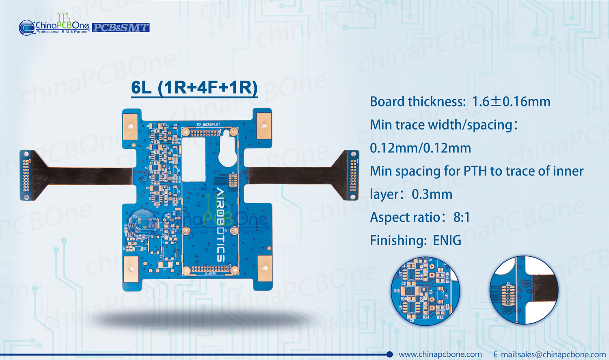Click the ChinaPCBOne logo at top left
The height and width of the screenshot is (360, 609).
pos(54,26)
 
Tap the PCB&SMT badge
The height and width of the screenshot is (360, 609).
pos(121,28)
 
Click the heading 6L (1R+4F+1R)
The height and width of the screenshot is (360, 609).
pos(194,88)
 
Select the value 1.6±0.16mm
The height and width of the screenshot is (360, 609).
pos(511,102)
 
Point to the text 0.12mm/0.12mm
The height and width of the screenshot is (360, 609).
pos(420,148)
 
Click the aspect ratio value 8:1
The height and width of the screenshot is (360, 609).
pos(462,217)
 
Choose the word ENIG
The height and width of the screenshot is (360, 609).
pos(447,241)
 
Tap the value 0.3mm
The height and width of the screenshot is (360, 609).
pos(432,194)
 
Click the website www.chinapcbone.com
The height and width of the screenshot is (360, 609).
pos(440,354)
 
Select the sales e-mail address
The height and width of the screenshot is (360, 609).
pos(549,354)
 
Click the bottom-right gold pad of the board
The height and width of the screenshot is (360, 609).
pos(265,268)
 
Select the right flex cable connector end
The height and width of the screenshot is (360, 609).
pos(352,175)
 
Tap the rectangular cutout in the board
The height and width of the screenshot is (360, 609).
pos(193,159)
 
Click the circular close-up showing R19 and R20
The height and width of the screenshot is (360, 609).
pos(425,291)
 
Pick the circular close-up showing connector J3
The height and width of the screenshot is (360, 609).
pos(524,290)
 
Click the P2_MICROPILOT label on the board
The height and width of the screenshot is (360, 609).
pos(208,125)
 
